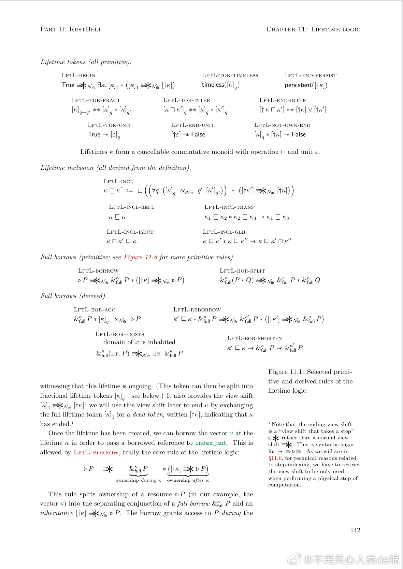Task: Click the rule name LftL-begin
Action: tap(78, 75)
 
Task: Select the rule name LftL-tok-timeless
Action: tap(230, 75)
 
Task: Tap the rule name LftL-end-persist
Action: tap(311, 75)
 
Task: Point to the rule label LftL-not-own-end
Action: tap(282, 125)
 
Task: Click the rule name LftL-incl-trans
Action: tap(229, 207)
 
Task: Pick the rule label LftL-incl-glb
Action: tap(224, 232)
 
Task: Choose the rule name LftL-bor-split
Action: tap(242, 271)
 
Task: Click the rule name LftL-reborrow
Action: tap(197, 310)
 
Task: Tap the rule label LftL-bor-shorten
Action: tap(255, 338)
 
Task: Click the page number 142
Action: tap(355, 530)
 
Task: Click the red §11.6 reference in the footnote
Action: tap(275, 458)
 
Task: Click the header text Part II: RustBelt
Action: tap(71, 29)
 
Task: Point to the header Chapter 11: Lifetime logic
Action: tap(313, 29)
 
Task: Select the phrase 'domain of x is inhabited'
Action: tap(139, 342)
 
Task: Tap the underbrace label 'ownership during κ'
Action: tap(138, 480)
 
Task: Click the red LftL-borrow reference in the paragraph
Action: tap(96, 452)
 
